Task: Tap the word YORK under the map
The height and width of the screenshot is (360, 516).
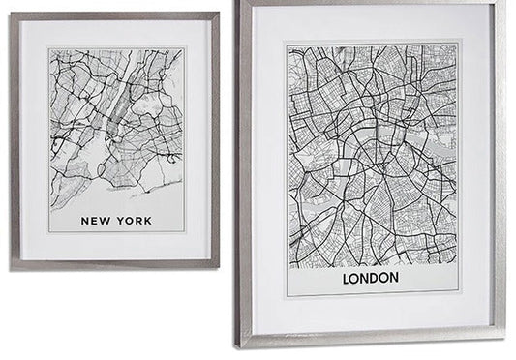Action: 133,221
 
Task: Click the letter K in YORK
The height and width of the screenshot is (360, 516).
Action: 148,221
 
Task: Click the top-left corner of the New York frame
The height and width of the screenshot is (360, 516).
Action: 13,15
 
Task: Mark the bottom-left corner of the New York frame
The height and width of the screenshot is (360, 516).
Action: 13,268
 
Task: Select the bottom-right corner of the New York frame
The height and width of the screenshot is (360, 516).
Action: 219,268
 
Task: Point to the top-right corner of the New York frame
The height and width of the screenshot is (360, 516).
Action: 219,15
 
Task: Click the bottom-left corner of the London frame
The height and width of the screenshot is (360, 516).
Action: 238,346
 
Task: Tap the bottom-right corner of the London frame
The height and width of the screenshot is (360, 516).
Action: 502,345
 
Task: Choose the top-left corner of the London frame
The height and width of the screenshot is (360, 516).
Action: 239,2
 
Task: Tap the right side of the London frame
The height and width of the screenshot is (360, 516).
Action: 499,174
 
